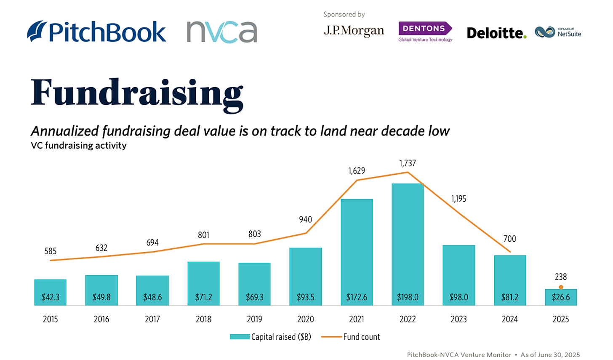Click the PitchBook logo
click(x=96, y=31)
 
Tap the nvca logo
click(x=222, y=32)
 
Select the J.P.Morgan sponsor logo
click(x=354, y=31)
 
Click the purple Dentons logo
click(x=425, y=32)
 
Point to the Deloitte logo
click(x=496, y=33)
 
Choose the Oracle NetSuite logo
click(x=558, y=32)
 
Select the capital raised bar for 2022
click(x=408, y=244)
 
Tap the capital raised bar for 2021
click(x=357, y=252)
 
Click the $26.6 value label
click(x=561, y=297)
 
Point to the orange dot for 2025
click(x=561, y=287)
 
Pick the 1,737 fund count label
click(x=408, y=163)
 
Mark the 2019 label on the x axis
click(x=254, y=319)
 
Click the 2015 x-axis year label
click(x=51, y=319)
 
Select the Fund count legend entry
click(x=351, y=337)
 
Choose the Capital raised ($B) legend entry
click(x=270, y=337)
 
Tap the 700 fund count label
click(x=509, y=239)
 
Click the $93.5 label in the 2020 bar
click(x=306, y=297)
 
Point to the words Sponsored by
click(x=344, y=14)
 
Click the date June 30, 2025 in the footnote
click(x=559, y=355)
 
